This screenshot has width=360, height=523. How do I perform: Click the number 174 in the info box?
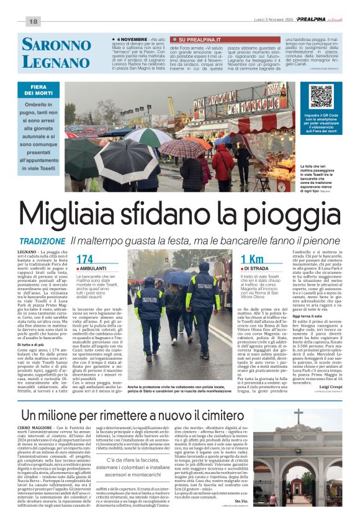[x=85, y=260]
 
